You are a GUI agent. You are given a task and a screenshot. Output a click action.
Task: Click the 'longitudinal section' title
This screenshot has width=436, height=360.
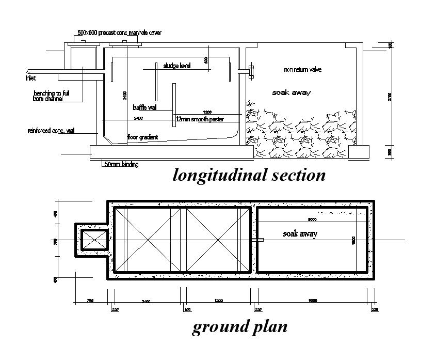[249, 175]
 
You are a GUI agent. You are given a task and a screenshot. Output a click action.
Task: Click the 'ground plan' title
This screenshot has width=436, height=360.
[239, 326]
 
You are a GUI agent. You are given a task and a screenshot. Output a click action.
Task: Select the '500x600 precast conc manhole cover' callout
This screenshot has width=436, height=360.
[119, 33]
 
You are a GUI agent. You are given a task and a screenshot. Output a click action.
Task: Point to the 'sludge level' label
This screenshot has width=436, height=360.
[177, 66]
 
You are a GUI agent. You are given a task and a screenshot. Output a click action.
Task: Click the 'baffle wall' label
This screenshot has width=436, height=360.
[144, 107]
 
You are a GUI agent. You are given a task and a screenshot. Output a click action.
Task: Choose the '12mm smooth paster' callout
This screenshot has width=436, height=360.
[200, 119]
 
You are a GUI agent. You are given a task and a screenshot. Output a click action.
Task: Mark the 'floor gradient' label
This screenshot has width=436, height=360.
[142, 137]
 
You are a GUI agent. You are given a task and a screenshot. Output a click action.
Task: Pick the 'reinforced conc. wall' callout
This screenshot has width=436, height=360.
[51, 131]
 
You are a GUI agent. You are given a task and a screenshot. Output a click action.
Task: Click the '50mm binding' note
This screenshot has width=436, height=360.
[121, 164]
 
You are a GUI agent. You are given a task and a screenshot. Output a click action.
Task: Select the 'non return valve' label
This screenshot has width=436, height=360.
[303, 69]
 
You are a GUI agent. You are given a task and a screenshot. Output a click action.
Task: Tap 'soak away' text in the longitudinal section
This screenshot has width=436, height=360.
[292, 92]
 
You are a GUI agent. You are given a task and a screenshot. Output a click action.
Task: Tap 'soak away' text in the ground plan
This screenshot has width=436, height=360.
[300, 233]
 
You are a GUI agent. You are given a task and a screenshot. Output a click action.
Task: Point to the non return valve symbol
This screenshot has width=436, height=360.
[251, 72]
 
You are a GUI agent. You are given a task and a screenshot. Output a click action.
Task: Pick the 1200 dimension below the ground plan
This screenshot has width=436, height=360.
[219, 300]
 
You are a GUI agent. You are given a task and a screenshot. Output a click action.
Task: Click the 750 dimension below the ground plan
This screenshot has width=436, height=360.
[90, 300]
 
